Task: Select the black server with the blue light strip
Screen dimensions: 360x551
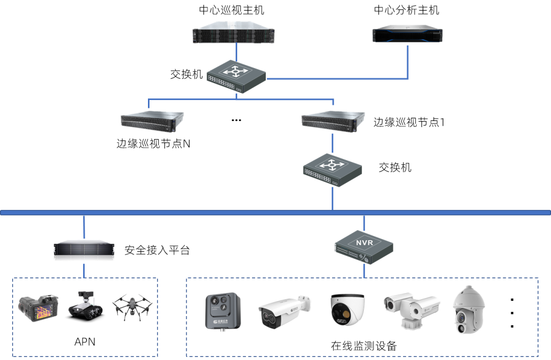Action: point(407,35)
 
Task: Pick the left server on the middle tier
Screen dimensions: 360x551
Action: point(152,119)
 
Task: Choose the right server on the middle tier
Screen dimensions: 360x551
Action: point(333,121)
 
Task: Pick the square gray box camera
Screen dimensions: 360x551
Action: point(222,311)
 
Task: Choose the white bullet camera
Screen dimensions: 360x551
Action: point(284,311)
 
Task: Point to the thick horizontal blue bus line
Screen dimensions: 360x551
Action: point(204,212)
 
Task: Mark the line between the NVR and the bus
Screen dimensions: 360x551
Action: point(364,223)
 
